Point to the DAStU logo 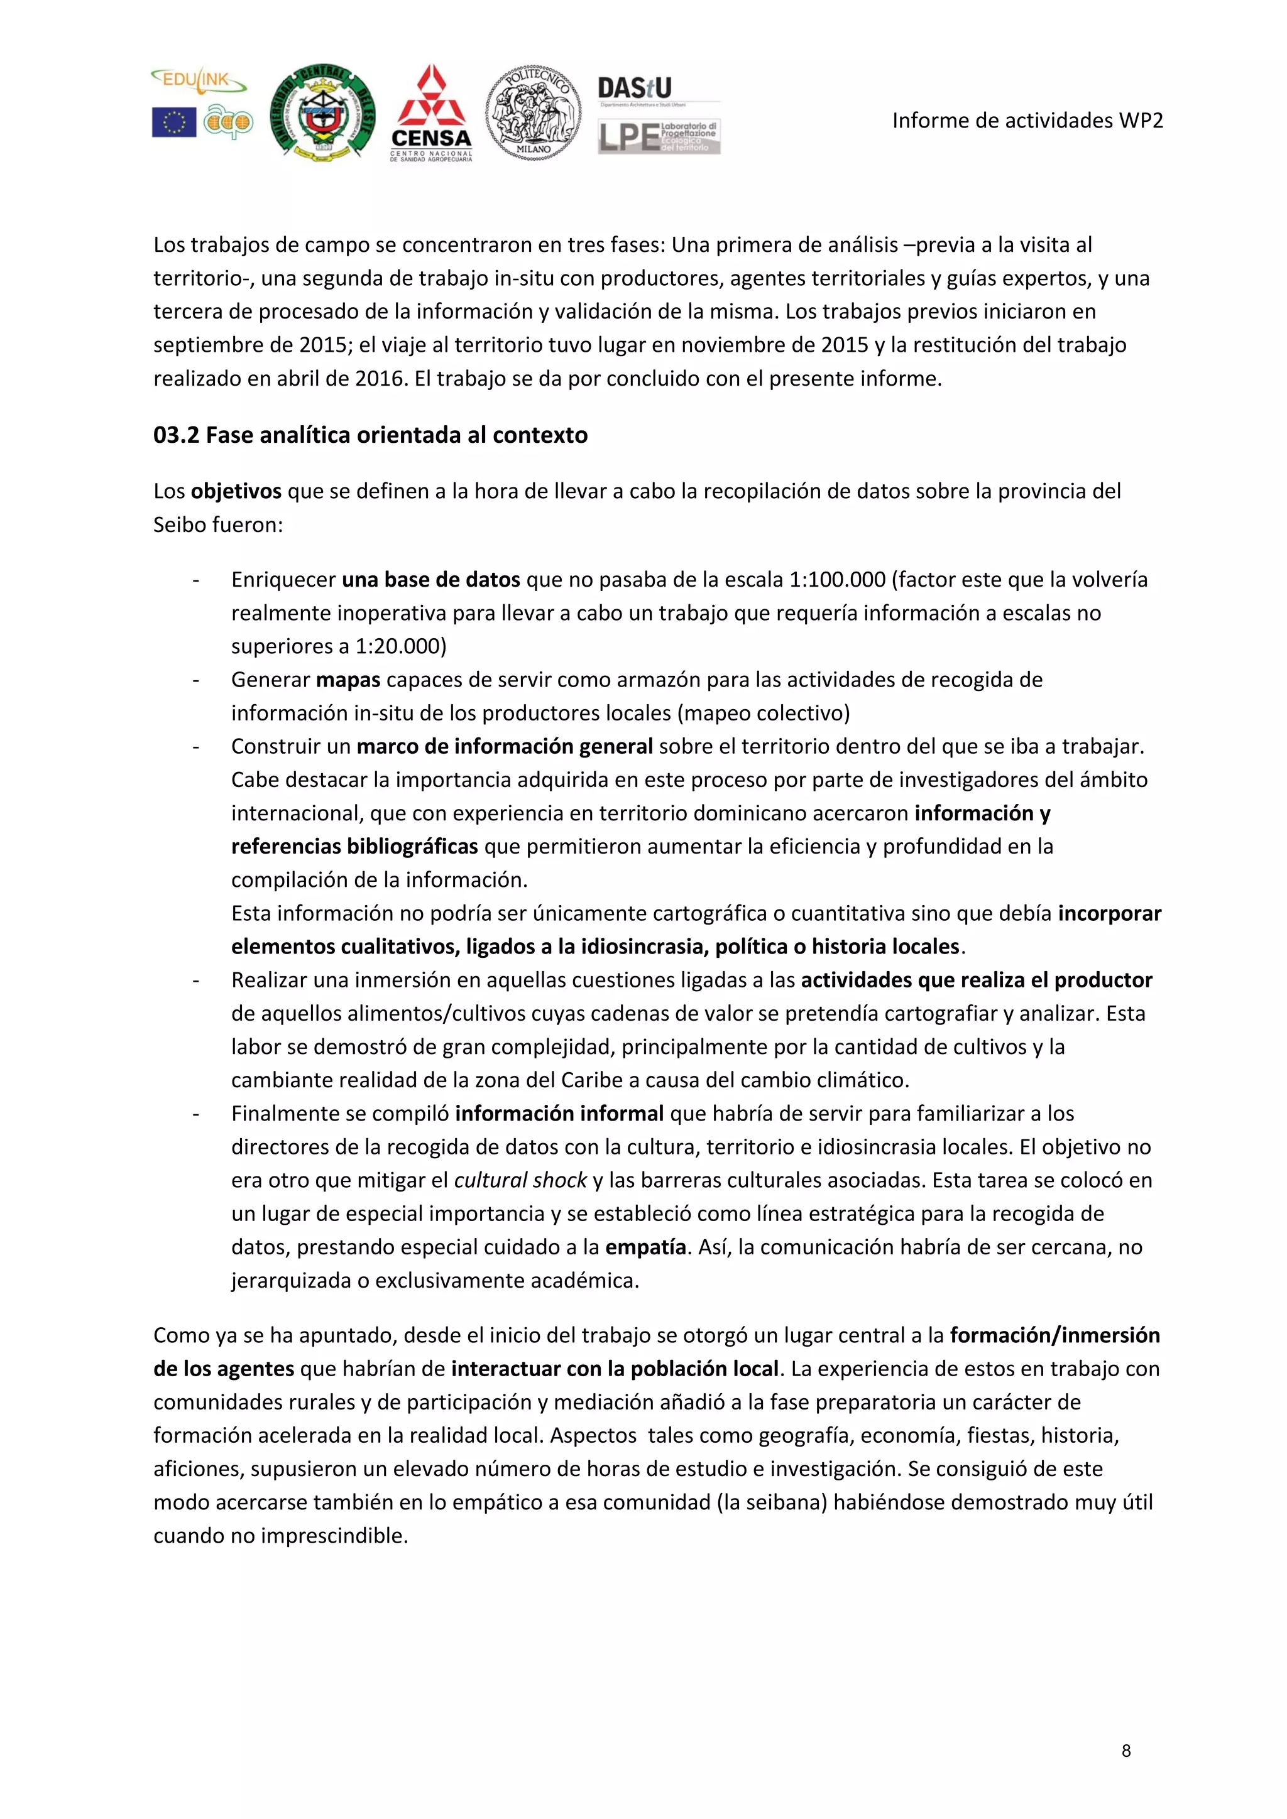(635, 88)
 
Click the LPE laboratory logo (659, 137)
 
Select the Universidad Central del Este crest (322, 113)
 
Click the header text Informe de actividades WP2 (1027, 121)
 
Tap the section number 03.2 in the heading (176, 435)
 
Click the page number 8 (1126, 1751)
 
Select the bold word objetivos (236, 491)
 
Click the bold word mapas (348, 680)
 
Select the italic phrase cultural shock (520, 1180)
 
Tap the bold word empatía (645, 1247)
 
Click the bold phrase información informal (559, 1114)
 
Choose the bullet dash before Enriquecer (195, 580)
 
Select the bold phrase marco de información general (505, 746)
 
